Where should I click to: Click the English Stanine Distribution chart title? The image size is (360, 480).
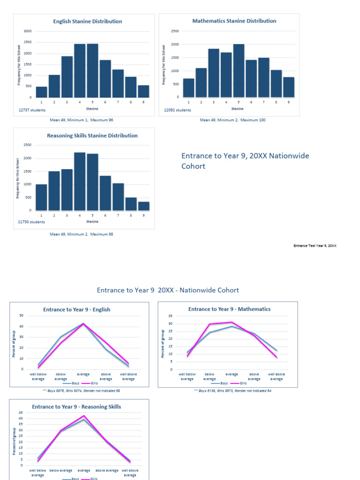pyautogui.click(x=87, y=22)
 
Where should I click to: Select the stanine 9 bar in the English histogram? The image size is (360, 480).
pyautogui.click(x=143, y=91)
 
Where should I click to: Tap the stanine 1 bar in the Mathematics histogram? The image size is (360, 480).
pyautogui.click(x=188, y=88)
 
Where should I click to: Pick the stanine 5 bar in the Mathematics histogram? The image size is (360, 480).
pyautogui.click(x=239, y=71)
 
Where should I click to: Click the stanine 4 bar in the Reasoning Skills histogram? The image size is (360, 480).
pyautogui.click(x=80, y=182)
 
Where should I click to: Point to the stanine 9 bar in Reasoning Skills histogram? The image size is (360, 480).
pyautogui.click(x=143, y=206)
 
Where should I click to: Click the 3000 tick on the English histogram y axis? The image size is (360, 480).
pyautogui.click(x=28, y=31)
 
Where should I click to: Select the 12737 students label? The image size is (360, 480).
pyautogui.click(x=32, y=110)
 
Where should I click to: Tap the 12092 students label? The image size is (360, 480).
pyautogui.click(x=177, y=110)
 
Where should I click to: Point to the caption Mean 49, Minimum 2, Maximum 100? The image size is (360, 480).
pyautogui.click(x=232, y=120)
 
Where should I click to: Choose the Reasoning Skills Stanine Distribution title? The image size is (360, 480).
pyautogui.click(x=92, y=135)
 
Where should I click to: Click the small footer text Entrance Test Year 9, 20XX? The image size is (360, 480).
pyautogui.click(x=315, y=246)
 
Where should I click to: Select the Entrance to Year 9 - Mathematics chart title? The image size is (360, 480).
pyautogui.click(x=229, y=309)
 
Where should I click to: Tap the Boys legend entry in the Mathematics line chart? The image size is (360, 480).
pyautogui.click(x=222, y=383)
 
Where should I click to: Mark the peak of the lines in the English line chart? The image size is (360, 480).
pyautogui.click(x=83, y=323)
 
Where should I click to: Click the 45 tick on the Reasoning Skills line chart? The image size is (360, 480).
pyautogui.click(x=20, y=412)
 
